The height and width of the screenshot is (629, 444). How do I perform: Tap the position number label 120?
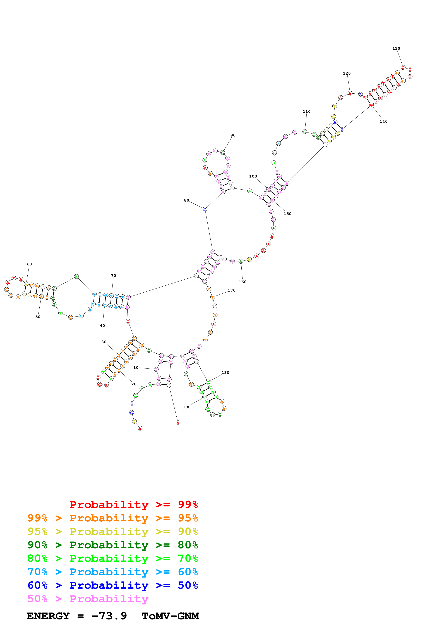click(x=347, y=73)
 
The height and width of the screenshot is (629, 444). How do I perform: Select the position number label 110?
click(x=306, y=112)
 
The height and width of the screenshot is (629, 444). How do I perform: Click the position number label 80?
click(x=186, y=200)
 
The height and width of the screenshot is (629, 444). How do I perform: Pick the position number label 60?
click(x=29, y=264)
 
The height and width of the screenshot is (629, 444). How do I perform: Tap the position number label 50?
click(x=38, y=317)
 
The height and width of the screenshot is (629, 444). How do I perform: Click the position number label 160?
click(x=242, y=282)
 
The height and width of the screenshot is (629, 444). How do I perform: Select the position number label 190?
click(x=187, y=407)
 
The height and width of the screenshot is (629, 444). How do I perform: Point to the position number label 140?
click(x=383, y=121)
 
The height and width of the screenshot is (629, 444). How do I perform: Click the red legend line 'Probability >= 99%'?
click(x=133, y=505)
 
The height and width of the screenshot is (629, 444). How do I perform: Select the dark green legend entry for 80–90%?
click(x=112, y=545)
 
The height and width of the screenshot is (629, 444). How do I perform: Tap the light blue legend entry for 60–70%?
click(x=112, y=572)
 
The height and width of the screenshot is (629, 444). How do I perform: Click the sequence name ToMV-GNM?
click(x=170, y=616)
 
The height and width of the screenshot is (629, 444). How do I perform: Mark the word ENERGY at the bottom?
click(x=48, y=616)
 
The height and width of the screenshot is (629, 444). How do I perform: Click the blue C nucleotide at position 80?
click(x=205, y=209)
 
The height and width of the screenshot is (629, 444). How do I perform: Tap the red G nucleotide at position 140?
click(x=371, y=105)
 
